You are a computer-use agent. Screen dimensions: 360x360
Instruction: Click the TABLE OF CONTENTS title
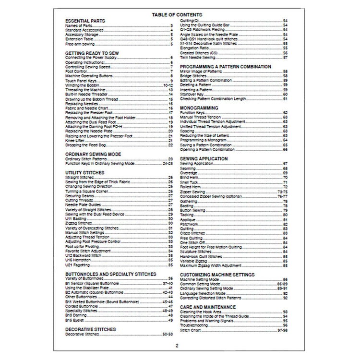pyautogui.click(x=177, y=15)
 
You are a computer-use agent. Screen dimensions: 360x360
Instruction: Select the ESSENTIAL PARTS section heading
pyautogui.click(x=85, y=21)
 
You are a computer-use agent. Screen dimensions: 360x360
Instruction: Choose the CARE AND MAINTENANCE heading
pyautogui.click(x=208, y=307)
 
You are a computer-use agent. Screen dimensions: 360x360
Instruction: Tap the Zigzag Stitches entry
pyautogui.click(x=78, y=223)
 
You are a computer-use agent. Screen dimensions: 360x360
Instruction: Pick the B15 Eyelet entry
pyautogui.click(x=75, y=319)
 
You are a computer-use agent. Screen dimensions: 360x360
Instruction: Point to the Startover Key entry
pyautogui.click(x=191, y=94)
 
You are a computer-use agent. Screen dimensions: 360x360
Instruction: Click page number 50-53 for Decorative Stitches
pyautogui.click(x=168, y=333)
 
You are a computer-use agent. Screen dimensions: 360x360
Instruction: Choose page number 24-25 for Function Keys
pyautogui.click(x=168, y=163)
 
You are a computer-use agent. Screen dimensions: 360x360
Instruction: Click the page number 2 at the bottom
pyautogui.click(x=177, y=345)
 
